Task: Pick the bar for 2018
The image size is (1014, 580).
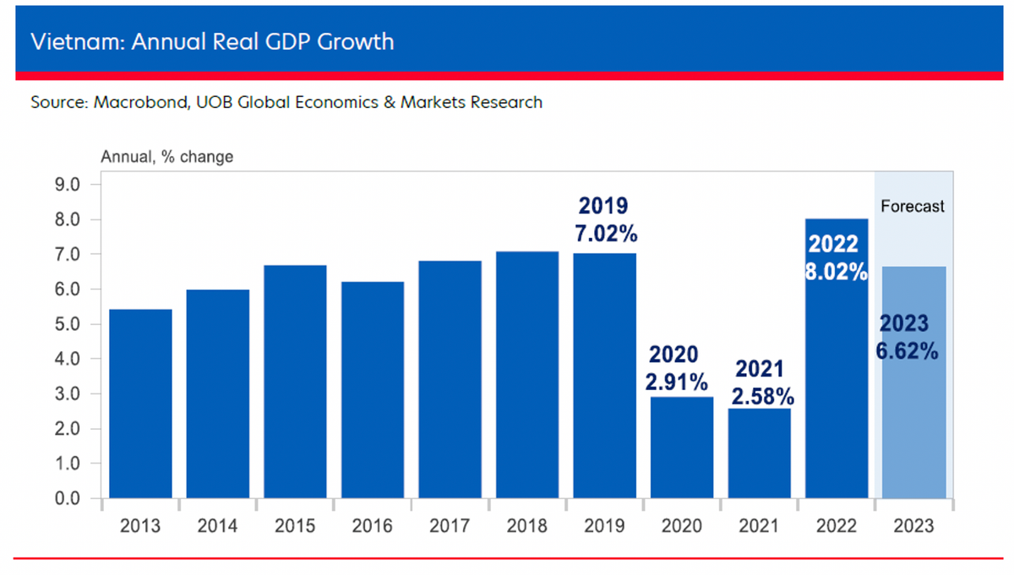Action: [527, 375]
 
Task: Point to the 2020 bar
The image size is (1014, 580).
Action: [682, 447]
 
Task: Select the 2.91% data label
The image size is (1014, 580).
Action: [676, 382]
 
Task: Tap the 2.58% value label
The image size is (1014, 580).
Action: [759, 395]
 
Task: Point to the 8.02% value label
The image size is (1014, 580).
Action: [836, 272]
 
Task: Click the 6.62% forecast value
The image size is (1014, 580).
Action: [908, 351]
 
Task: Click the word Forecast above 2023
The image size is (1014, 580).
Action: [913, 206]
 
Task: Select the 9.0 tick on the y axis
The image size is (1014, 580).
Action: [66, 185]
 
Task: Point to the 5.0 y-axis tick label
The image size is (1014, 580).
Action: [66, 324]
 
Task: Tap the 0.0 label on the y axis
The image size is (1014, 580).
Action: [66, 499]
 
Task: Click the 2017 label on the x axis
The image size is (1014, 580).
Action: [450, 526]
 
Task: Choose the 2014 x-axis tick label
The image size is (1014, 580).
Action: [217, 526]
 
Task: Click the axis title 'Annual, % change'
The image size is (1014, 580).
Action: [166, 156]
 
